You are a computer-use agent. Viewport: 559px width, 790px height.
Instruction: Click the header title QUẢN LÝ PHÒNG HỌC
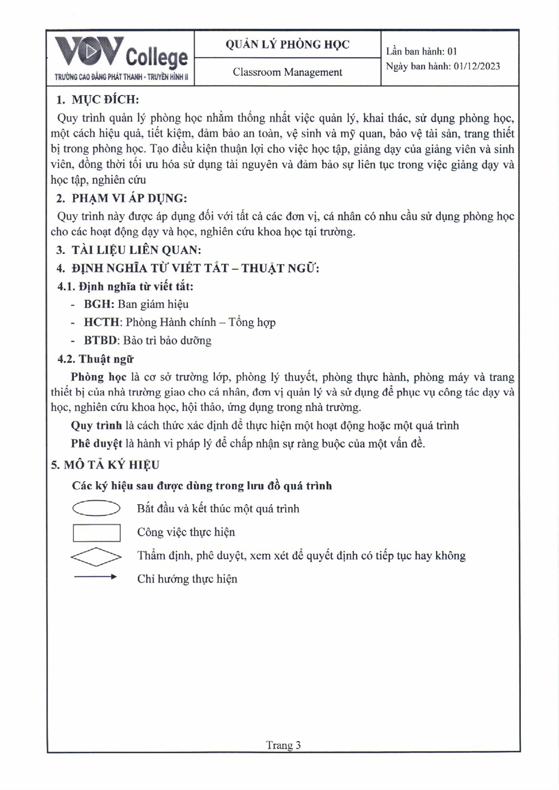(287, 45)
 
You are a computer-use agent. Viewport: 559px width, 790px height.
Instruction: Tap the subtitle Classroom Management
(287, 72)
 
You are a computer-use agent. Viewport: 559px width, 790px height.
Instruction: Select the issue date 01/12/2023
(477, 67)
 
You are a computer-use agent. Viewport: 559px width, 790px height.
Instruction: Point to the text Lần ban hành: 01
(421, 51)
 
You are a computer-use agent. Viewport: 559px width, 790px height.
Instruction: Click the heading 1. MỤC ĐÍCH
(98, 100)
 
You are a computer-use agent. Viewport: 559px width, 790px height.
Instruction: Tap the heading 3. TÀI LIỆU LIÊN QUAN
(128, 250)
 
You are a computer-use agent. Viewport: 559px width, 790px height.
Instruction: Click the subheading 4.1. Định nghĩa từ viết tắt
(125, 286)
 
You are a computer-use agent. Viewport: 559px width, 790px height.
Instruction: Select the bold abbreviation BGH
(99, 304)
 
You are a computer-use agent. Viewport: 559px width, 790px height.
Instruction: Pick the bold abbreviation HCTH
(102, 322)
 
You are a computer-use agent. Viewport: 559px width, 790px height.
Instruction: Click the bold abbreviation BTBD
(100, 340)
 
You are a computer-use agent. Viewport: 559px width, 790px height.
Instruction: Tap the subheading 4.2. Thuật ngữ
(96, 359)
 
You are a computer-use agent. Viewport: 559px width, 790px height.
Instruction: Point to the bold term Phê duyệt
(96, 444)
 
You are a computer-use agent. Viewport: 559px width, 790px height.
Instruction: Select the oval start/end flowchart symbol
(97, 508)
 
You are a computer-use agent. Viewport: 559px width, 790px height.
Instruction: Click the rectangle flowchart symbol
(97, 532)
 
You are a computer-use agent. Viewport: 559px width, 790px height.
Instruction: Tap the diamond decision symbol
(96, 557)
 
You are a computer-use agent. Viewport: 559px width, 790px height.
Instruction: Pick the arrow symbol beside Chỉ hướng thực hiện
(96, 577)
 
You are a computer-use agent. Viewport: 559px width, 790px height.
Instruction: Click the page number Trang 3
(283, 745)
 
